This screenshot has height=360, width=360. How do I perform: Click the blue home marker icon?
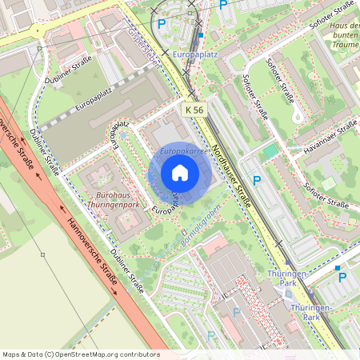click(180, 172)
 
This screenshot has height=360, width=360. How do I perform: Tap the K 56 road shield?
click(193, 109)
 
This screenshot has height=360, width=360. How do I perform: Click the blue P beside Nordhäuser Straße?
click(258, 182)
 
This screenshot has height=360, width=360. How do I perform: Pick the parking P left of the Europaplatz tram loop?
click(162, 25)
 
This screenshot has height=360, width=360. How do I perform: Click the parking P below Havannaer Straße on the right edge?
click(342, 277)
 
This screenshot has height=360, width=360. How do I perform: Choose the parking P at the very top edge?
click(223, 5)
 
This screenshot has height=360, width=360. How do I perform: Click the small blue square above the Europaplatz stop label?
click(200, 35)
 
